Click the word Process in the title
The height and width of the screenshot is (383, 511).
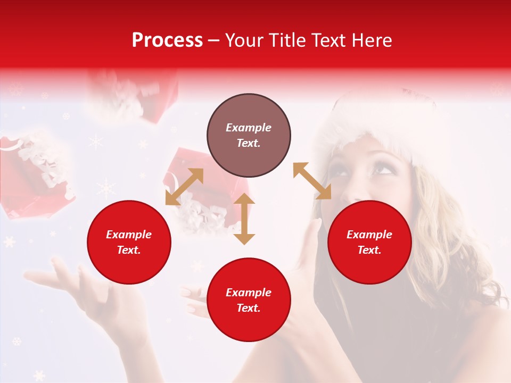click(x=167, y=40)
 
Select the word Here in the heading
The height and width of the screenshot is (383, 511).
click(x=371, y=40)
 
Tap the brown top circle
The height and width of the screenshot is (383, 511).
click(x=249, y=136)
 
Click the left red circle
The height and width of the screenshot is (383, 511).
click(x=129, y=242)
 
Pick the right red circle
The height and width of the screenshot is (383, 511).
click(x=369, y=242)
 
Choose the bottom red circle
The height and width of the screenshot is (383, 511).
click(x=249, y=300)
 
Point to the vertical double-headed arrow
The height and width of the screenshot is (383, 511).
click(x=244, y=219)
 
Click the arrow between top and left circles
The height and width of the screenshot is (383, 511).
click(x=184, y=186)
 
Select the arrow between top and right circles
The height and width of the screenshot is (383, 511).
click(x=312, y=181)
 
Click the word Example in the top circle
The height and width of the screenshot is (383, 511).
click(x=249, y=128)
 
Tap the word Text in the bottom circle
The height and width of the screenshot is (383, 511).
click(x=249, y=308)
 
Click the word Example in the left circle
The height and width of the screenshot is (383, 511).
click(x=129, y=235)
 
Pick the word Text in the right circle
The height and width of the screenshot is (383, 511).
click(x=369, y=250)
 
